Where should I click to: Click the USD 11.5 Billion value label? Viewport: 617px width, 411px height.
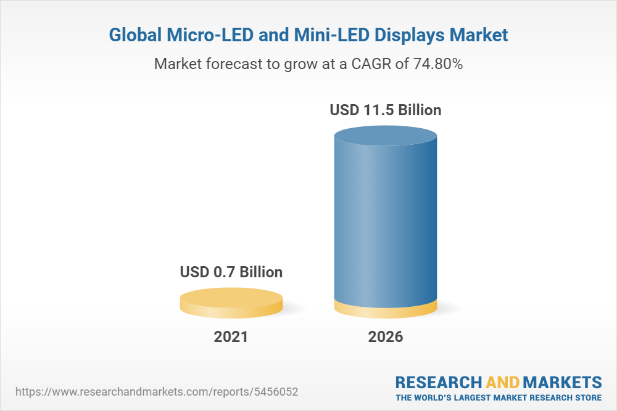click(x=386, y=110)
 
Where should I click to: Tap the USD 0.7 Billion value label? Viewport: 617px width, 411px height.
click(x=231, y=272)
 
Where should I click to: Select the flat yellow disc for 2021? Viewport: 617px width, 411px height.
click(x=231, y=303)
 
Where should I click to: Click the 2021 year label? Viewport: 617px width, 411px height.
click(x=231, y=337)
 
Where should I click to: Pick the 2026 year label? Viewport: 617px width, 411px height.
click(x=386, y=337)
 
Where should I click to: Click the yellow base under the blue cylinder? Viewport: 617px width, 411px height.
click(x=386, y=310)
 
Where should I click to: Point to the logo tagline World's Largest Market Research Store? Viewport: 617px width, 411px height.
click(x=499, y=397)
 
